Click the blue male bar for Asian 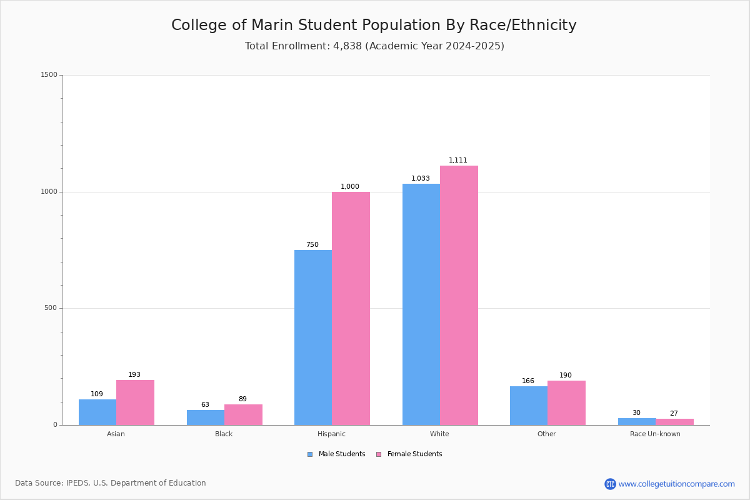tap(97, 412)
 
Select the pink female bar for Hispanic tap(351, 309)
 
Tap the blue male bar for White tap(421, 304)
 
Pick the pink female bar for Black tap(243, 415)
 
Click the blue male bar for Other tap(529, 406)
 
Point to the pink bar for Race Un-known tap(674, 422)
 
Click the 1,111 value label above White tap(457, 160)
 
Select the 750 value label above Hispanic tap(312, 244)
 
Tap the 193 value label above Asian tap(134, 374)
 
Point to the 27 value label tap(674, 413)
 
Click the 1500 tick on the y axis tap(49, 74)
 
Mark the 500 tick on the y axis tap(51, 307)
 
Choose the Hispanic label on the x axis tap(331, 434)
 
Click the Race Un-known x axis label tap(655, 434)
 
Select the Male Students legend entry tap(336, 454)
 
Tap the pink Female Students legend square tap(379, 454)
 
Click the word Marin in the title tap(272, 25)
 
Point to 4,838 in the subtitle tap(347, 46)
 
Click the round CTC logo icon tap(610, 484)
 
